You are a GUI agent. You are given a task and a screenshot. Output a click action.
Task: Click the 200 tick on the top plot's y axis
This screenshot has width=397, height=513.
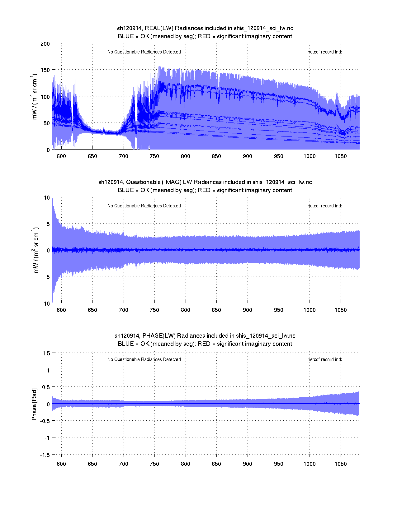[45, 44]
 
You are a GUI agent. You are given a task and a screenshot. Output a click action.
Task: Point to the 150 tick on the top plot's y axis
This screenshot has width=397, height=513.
[45, 70]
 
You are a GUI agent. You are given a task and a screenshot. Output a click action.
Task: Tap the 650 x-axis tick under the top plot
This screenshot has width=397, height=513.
[92, 156]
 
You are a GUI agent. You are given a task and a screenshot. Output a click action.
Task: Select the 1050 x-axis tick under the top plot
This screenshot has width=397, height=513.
[341, 156]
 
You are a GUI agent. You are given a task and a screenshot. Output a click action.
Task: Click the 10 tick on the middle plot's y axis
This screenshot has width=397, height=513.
[47, 197]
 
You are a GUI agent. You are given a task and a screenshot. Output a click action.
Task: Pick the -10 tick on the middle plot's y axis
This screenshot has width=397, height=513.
[45, 304]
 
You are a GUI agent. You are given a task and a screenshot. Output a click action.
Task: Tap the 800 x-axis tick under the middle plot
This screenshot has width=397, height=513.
[186, 310]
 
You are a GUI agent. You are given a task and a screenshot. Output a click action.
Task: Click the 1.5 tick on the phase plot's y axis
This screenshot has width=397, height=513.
[46, 353]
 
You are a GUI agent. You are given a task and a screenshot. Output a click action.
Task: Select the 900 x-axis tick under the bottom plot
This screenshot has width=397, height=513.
[248, 464]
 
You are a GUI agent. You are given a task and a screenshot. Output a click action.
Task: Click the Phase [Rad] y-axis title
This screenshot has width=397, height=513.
[34, 404]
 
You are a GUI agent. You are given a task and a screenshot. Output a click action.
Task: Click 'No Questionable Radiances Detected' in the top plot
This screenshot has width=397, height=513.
[144, 52]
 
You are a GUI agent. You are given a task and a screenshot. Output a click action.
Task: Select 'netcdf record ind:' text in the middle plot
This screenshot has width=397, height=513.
[324, 206]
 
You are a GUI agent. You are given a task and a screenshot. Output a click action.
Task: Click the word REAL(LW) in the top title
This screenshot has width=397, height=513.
[159, 28]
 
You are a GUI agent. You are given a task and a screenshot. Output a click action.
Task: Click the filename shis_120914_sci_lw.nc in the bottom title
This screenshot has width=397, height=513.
[266, 336]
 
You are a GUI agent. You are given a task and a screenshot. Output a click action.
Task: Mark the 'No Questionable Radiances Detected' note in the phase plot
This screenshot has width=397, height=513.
[144, 359]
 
